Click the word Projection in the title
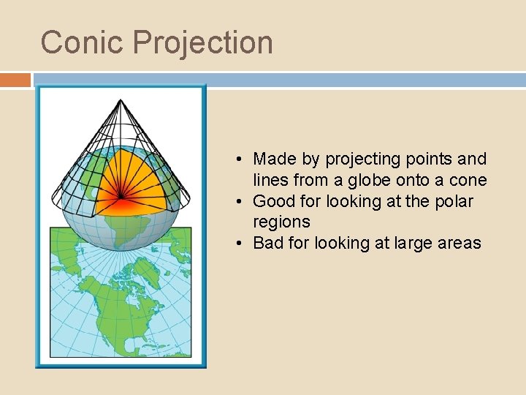tap(202, 42)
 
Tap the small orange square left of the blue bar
tap(15, 79)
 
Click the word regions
tap(281, 222)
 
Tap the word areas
tap(460, 243)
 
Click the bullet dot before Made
tap(240, 159)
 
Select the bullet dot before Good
tap(240, 202)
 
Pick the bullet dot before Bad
tap(240, 244)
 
